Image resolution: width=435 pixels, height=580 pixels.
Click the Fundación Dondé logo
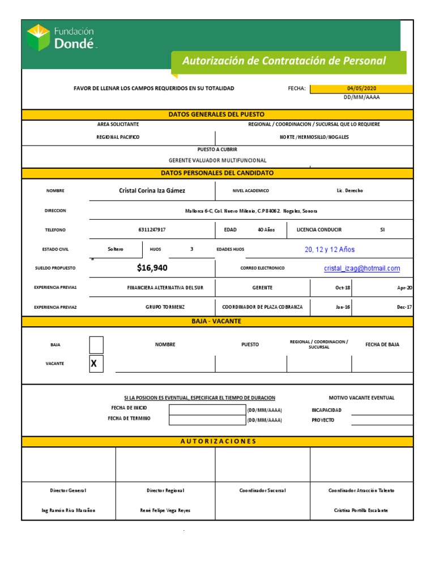[x=61, y=37]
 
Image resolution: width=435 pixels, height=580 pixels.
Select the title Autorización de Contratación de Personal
[x=283, y=61]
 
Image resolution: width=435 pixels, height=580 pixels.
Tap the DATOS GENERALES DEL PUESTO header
[x=216, y=114]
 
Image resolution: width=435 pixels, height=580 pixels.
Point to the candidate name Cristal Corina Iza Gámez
[x=152, y=191]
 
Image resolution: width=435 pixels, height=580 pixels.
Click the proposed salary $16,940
[x=152, y=268]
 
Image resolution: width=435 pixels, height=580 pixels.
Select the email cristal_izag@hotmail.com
[x=361, y=268]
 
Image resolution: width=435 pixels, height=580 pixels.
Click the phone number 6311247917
[x=152, y=230]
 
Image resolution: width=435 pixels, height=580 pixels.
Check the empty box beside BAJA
[x=96, y=344]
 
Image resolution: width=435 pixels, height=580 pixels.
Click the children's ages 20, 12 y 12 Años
[x=330, y=249]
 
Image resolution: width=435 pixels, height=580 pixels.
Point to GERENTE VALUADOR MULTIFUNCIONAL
[x=217, y=160]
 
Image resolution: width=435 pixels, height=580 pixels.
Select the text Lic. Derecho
[x=349, y=191]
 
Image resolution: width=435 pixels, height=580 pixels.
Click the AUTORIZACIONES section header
[x=218, y=441]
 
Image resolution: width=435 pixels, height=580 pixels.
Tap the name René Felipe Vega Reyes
[x=165, y=510]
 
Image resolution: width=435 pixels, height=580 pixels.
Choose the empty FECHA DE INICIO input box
[x=206, y=410]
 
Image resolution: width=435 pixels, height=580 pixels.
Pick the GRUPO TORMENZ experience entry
[x=165, y=307]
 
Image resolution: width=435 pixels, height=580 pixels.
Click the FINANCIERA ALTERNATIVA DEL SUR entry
[x=165, y=288]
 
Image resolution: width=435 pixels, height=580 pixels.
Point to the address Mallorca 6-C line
[x=251, y=211]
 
